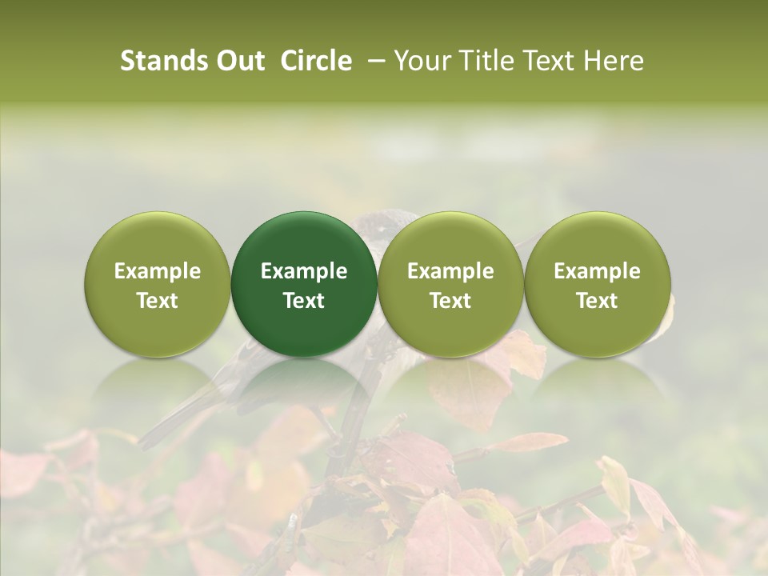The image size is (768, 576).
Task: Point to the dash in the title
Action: (373, 61)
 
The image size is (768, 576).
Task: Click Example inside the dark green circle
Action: (304, 271)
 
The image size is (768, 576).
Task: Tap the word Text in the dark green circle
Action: (304, 301)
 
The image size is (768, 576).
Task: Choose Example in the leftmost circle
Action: (158, 271)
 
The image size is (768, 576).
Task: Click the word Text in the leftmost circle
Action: (158, 301)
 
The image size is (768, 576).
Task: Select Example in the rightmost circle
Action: (597, 271)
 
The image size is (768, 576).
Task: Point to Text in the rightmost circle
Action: (597, 301)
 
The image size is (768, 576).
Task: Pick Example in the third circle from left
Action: (450, 271)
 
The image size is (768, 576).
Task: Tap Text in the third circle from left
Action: (450, 301)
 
